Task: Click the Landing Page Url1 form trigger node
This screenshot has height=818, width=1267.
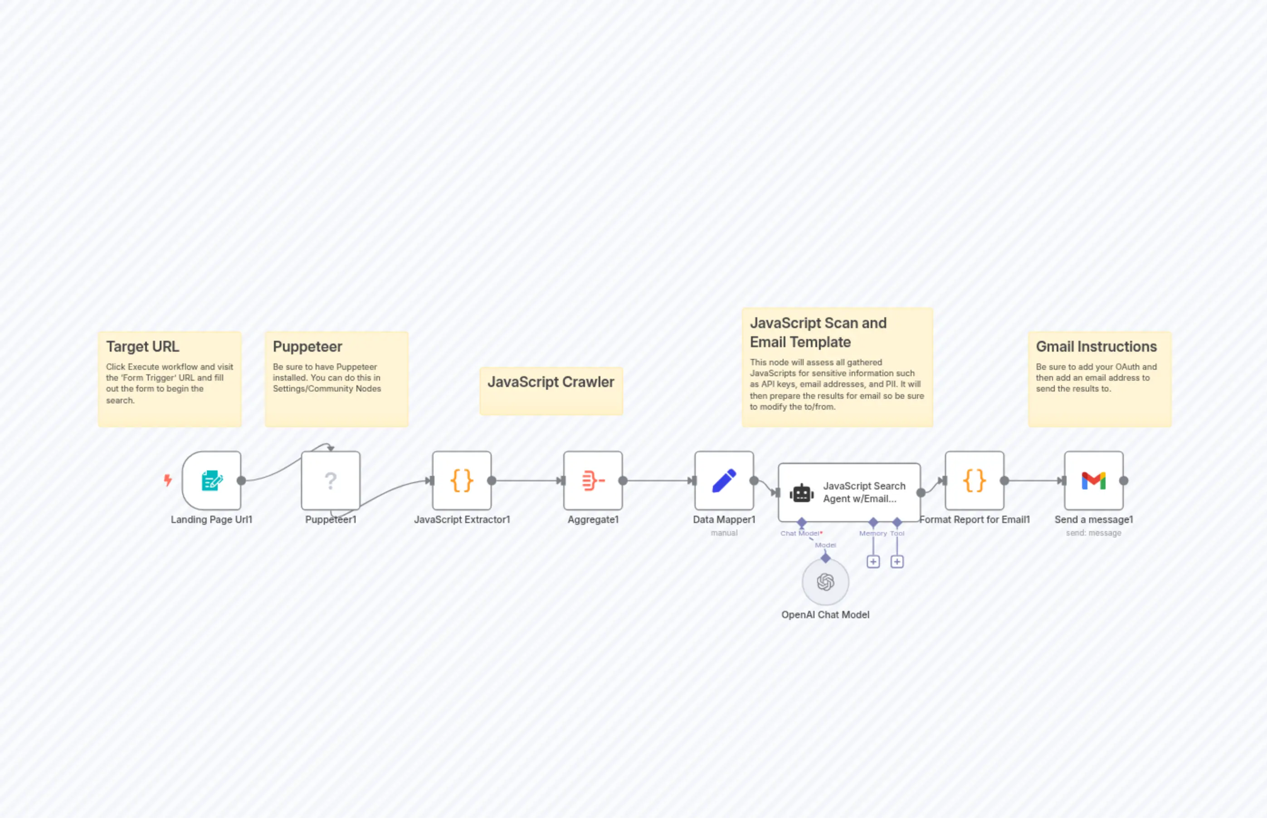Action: click(211, 481)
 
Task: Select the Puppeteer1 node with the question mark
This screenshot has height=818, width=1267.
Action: click(331, 481)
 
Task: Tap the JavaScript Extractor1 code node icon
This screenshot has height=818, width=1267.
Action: click(461, 481)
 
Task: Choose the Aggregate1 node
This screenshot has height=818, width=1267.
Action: click(593, 481)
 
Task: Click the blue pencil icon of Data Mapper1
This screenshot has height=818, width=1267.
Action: click(724, 481)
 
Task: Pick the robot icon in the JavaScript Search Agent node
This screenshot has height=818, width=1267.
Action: click(801, 493)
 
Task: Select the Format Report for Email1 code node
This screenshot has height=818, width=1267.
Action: click(974, 481)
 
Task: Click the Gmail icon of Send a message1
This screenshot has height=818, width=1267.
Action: click(1093, 481)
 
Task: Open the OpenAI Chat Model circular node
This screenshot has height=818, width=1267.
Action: click(825, 582)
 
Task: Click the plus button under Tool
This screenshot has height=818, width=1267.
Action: click(897, 561)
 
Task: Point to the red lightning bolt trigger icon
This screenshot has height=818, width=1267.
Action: click(168, 480)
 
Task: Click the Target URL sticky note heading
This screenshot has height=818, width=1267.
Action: click(142, 346)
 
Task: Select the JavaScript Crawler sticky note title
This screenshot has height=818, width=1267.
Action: click(551, 382)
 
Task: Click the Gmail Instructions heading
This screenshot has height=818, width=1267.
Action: click(1096, 346)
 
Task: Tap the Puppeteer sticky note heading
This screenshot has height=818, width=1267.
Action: click(307, 346)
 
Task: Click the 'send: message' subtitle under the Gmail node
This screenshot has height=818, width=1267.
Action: click(1093, 533)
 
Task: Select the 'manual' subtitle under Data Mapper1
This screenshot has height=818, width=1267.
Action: click(724, 533)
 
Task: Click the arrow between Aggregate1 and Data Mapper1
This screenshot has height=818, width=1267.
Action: click(658, 481)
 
